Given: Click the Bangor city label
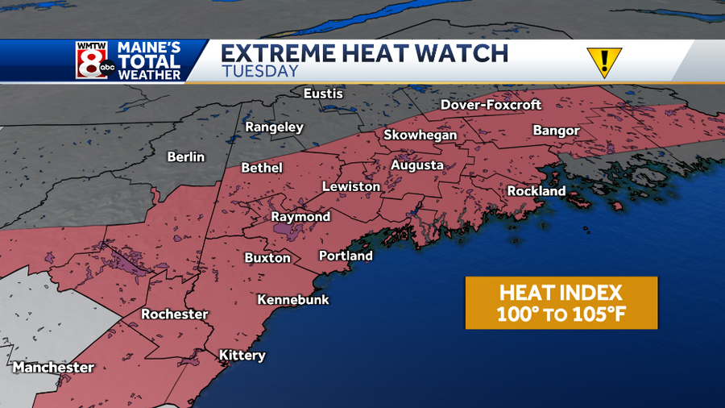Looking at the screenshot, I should pyautogui.click(x=556, y=131).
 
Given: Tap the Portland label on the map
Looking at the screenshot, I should pyautogui.click(x=346, y=256).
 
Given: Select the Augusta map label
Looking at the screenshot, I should pyautogui.click(x=416, y=165).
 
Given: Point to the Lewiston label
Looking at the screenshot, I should pyautogui.click(x=350, y=186).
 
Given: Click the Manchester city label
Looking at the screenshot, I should pyautogui.click(x=53, y=368).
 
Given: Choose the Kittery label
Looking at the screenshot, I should pyautogui.click(x=242, y=356).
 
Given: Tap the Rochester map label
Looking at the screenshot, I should pyautogui.click(x=175, y=314).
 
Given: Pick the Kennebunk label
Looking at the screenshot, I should pyautogui.click(x=292, y=300).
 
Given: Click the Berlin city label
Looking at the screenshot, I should pyautogui.click(x=186, y=156).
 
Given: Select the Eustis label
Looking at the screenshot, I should pyautogui.click(x=323, y=94).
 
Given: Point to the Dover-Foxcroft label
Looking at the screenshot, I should pyautogui.click(x=491, y=105).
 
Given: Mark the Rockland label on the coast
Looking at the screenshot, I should pyautogui.click(x=536, y=191).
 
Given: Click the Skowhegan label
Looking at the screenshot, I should pyautogui.click(x=420, y=135).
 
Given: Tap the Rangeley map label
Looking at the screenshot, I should pyautogui.click(x=274, y=127).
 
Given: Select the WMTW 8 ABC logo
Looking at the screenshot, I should pyautogui.click(x=92, y=60).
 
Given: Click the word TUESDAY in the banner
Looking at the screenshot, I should pyautogui.click(x=259, y=71).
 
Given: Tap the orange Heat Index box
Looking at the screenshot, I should pyautogui.click(x=561, y=302).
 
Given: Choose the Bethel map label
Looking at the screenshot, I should pyautogui.click(x=262, y=168).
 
